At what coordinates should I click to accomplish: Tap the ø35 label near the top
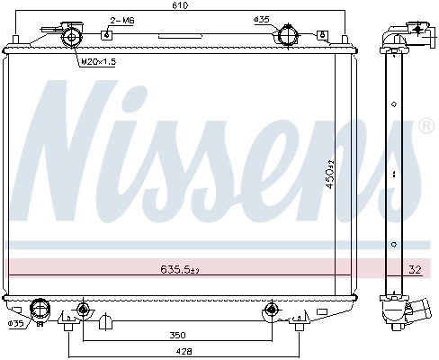coord(262,19)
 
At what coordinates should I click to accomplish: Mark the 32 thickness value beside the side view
coord(414,267)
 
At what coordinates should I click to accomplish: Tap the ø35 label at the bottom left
coord(15,323)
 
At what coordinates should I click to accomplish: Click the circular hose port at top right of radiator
coord(288,38)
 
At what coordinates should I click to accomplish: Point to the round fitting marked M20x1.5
coord(69,35)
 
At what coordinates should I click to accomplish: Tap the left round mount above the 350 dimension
coord(83,310)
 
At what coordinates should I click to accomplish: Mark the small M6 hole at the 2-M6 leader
coord(106,35)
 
